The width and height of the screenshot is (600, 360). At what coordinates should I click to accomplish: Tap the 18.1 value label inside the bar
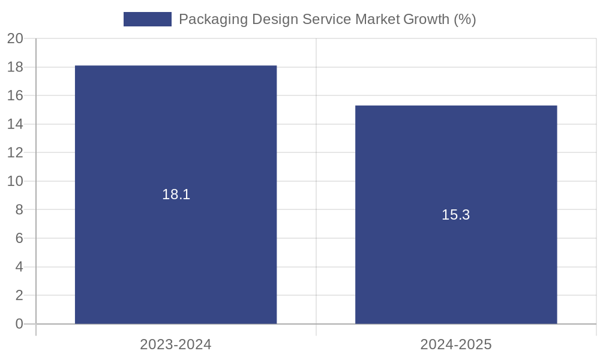pyautogui.click(x=176, y=194)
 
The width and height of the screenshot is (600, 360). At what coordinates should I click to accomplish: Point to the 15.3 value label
pyautogui.click(x=456, y=215)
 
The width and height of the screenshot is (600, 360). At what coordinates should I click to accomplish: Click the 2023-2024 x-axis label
pyautogui.click(x=176, y=344)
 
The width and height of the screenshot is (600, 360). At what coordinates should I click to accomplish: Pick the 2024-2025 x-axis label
pyautogui.click(x=456, y=344)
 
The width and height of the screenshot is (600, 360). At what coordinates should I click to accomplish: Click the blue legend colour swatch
pyautogui.click(x=148, y=19)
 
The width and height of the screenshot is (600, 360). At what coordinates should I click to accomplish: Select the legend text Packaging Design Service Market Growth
pyautogui.click(x=327, y=19)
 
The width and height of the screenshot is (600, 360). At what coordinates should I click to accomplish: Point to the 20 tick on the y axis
pyautogui.click(x=15, y=39)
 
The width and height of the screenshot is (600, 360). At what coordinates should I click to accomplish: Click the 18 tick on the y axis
pyautogui.click(x=15, y=67)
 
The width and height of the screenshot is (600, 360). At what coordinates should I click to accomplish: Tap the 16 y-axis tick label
pyautogui.click(x=15, y=96)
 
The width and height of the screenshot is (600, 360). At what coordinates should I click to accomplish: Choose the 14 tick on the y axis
pyautogui.click(x=15, y=124)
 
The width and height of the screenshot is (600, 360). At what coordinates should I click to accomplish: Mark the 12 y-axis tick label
pyautogui.click(x=15, y=153)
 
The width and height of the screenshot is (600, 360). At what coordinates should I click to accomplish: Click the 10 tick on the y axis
pyautogui.click(x=15, y=181)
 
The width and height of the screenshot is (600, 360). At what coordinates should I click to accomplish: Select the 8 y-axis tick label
pyautogui.click(x=19, y=210)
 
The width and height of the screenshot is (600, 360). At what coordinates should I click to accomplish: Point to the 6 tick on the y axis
pyautogui.click(x=19, y=238)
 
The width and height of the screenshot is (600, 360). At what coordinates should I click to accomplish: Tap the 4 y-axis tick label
pyautogui.click(x=19, y=267)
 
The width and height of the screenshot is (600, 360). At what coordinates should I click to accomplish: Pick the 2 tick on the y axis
pyautogui.click(x=19, y=295)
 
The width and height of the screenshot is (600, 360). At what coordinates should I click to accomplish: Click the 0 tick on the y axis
pyautogui.click(x=19, y=324)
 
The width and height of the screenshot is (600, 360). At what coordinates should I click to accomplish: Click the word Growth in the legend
pyautogui.click(x=425, y=19)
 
